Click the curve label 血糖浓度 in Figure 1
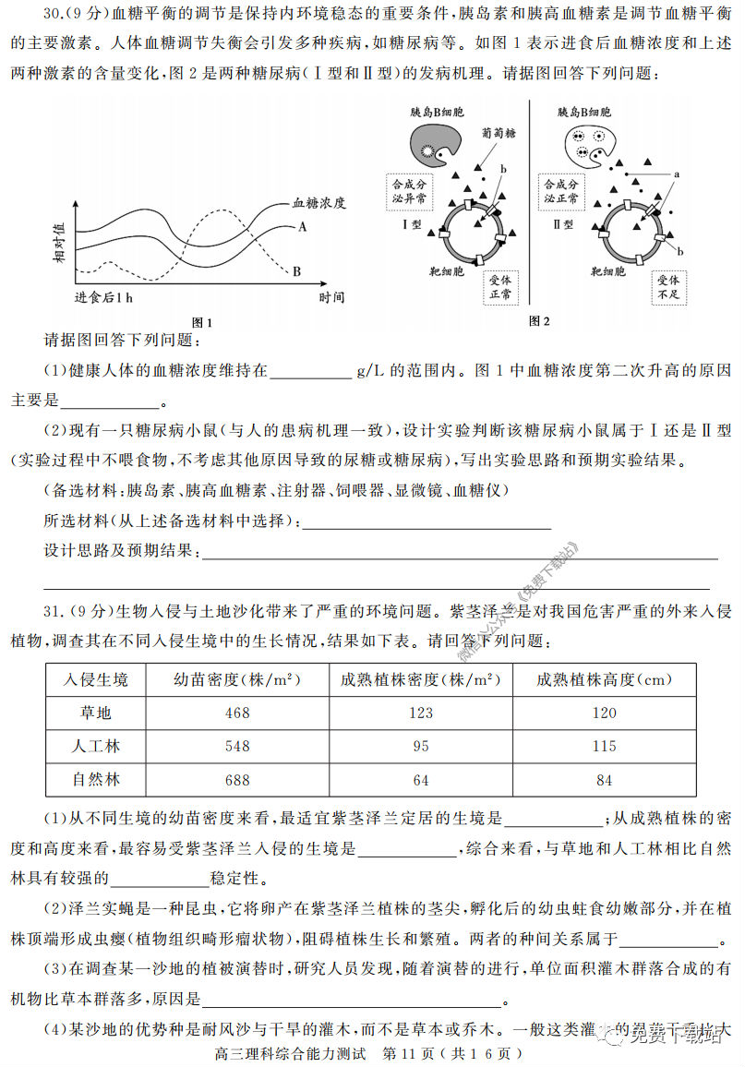(318, 203)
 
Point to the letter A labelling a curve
(302, 226)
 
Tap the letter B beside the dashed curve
(296, 271)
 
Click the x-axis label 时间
(331, 297)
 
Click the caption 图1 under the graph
(201, 322)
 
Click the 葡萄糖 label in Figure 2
(499, 133)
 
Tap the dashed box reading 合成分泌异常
(409, 191)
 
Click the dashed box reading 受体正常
(501, 287)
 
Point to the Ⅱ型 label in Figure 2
(564, 223)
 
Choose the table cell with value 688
(237, 779)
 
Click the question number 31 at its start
(54, 611)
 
